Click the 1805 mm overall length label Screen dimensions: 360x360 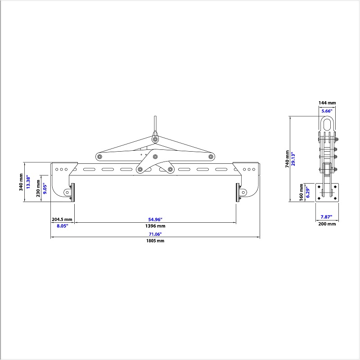point(155,241)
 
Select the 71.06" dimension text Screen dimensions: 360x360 point(155,234)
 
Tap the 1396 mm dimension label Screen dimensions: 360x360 point(155,226)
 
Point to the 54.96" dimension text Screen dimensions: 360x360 point(155,219)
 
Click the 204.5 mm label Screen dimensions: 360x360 point(62,219)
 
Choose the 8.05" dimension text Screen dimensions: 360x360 point(62,226)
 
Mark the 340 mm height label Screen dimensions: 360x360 point(21,182)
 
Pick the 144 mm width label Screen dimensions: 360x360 point(327,103)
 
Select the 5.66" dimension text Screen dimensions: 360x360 point(327,110)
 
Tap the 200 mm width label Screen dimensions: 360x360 point(327,224)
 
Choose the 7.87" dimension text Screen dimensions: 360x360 point(327,216)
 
